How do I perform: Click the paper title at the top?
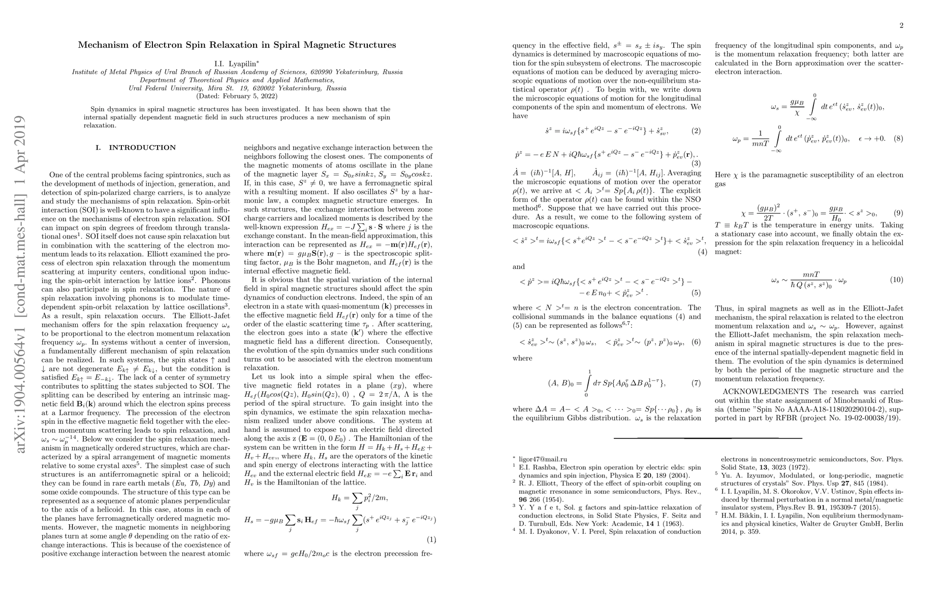[237, 45]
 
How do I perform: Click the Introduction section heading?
[136, 148]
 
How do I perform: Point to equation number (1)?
[431, 539]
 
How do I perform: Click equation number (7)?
[696, 383]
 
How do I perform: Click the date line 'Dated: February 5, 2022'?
[237, 96]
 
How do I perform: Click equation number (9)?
[897, 213]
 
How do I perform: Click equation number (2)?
[696, 131]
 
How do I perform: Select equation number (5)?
[696, 293]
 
